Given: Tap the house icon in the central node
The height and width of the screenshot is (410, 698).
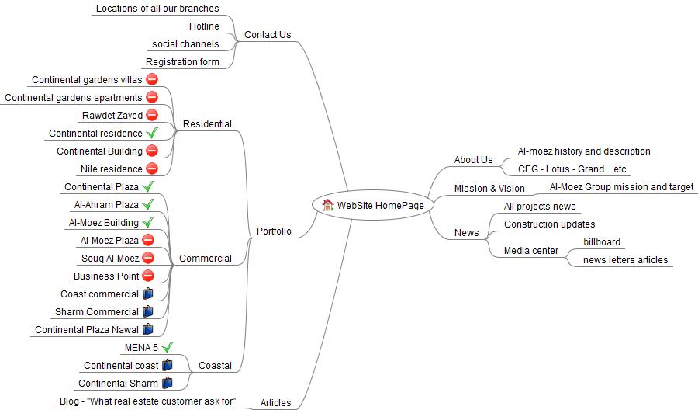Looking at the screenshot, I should click(x=327, y=205).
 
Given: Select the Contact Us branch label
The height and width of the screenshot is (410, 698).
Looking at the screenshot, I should click(x=268, y=34).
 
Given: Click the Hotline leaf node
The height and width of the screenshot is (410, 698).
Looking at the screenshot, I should click(x=204, y=26).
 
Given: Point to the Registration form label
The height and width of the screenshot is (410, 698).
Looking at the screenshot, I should click(x=182, y=62).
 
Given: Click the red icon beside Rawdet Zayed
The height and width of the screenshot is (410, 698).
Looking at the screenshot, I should click(x=152, y=115).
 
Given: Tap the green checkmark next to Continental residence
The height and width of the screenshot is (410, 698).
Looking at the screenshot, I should click(x=152, y=133).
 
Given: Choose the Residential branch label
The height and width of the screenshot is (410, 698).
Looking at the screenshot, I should click(x=207, y=124).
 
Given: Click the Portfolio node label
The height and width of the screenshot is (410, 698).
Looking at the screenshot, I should click(x=274, y=231).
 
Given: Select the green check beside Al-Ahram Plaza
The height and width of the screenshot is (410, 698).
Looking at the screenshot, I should click(x=148, y=204).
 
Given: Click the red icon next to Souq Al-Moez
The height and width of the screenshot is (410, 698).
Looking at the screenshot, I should click(x=147, y=258).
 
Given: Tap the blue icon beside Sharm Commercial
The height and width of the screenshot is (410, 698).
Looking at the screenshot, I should click(x=147, y=311).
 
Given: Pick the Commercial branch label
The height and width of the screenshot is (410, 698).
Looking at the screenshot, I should click(x=206, y=259).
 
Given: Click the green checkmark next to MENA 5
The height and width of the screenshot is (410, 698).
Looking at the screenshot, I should click(x=167, y=347).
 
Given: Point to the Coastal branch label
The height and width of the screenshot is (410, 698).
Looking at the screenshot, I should click(x=215, y=366).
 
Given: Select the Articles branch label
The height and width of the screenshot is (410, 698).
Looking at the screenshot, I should click(x=275, y=402).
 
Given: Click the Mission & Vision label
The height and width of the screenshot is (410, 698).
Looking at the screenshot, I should click(x=489, y=188).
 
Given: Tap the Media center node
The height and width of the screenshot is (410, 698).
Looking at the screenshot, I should click(x=531, y=250).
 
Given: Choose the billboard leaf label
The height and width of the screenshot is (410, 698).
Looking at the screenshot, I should click(x=602, y=242).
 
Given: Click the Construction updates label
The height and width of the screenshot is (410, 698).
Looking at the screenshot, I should click(x=550, y=224).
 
